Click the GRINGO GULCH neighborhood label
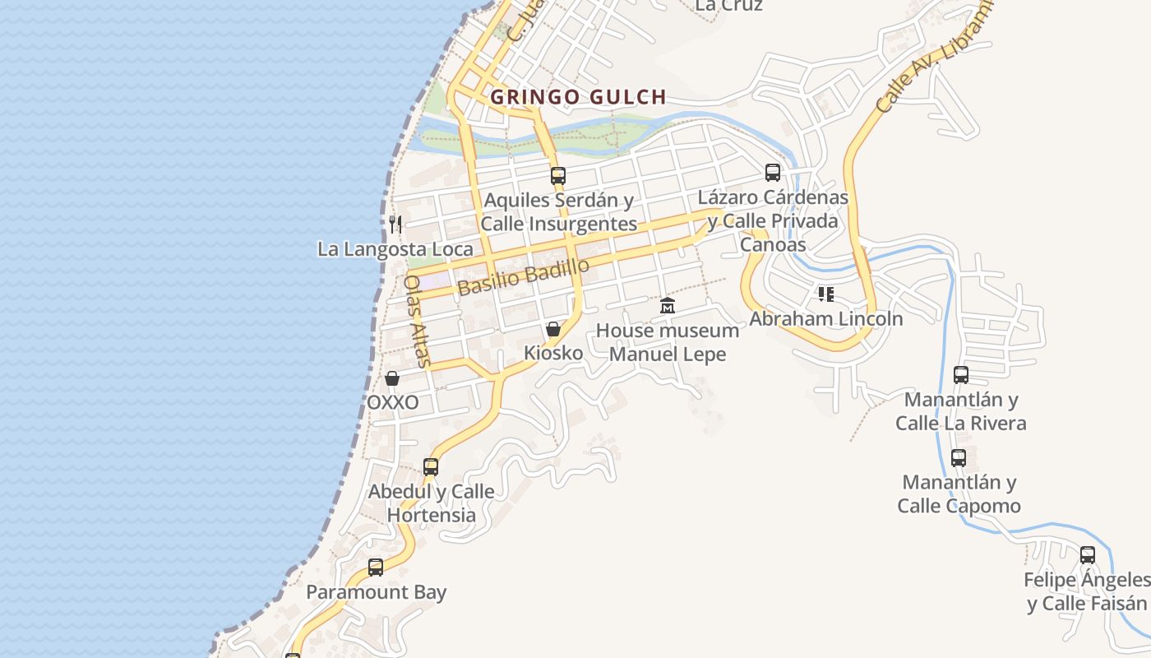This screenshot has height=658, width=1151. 578,97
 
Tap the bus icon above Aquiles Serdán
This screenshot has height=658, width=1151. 558,175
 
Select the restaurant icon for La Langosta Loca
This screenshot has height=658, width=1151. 395,224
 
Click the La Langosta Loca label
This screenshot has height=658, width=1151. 395,248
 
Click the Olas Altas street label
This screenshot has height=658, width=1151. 417,320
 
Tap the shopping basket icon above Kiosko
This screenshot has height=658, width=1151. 553,330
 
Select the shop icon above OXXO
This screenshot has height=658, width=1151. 392,378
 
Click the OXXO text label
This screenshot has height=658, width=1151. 392,402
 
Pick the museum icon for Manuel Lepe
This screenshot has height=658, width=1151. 668,306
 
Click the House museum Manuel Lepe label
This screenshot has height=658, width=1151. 668,342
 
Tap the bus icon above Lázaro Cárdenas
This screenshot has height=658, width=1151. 773,173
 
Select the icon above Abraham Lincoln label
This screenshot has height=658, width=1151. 826,294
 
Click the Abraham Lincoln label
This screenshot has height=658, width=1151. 826,318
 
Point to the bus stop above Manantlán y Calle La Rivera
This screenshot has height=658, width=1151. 961,375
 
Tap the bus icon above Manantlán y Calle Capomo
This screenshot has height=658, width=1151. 959,458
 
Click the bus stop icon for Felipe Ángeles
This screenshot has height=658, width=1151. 1088,555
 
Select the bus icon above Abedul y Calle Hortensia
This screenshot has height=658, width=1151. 431,467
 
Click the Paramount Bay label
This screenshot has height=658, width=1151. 377,591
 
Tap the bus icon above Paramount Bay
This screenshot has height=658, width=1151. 376,568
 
